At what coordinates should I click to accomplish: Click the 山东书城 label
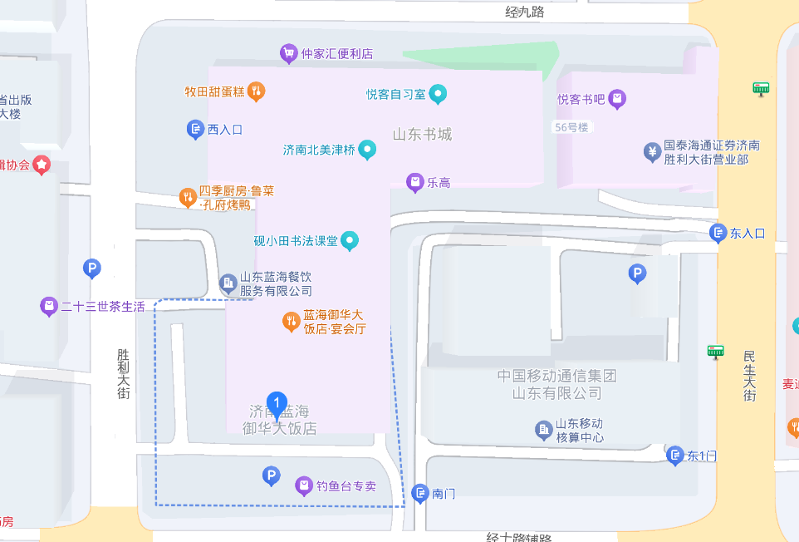coord(422,135)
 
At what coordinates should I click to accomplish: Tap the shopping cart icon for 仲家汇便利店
coord(288,53)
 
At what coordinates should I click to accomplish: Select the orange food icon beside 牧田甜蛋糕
coord(257,91)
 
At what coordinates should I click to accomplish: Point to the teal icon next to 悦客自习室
coord(439,94)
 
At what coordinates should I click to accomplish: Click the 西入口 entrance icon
coord(195,129)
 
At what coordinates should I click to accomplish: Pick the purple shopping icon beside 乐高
coord(414,183)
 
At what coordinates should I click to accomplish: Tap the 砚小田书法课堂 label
coord(296,241)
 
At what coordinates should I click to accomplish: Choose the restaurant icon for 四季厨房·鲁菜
coord(188,198)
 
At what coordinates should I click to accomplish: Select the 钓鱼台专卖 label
coord(346,485)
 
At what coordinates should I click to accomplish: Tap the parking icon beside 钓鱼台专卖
coord(271,476)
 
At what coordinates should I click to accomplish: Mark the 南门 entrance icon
coord(419,493)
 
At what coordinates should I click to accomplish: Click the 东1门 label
coord(701,456)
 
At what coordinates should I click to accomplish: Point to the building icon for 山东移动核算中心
coord(543,430)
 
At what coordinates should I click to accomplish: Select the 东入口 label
coord(747,234)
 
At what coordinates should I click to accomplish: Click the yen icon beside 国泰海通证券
coord(652,152)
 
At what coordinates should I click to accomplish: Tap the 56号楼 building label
coord(571,127)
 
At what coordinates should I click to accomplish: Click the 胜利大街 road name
coord(124,372)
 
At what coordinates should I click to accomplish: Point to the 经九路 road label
coord(525,12)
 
